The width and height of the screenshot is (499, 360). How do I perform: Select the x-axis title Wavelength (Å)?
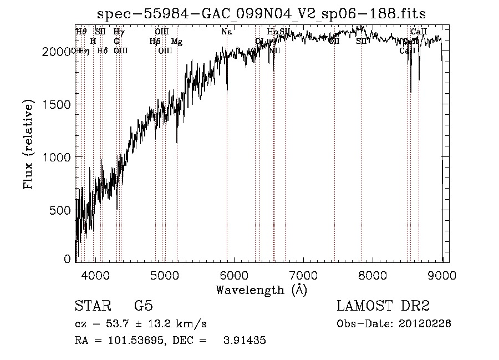click(x=261, y=290)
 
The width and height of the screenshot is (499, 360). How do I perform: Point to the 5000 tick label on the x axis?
click(x=165, y=275)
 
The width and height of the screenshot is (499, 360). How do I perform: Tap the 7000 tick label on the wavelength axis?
click(x=303, y=275)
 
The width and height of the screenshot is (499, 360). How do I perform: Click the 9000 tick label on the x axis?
click(x=442, y=275)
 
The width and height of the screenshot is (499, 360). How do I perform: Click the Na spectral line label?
click(x=226, y=32)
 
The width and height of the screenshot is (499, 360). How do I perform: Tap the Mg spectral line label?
click(x=176, y=41)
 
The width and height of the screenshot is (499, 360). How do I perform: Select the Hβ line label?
click(x=155, y=41)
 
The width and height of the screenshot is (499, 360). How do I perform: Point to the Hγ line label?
click(x=119, y=32)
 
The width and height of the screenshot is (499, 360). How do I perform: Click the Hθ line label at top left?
click(x=81, y=32)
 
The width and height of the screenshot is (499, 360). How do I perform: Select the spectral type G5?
click(x=143, y=306)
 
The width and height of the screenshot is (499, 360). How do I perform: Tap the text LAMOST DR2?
click(x=383, y=306)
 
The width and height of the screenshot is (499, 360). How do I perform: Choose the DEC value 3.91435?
click(x=245, y=341)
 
